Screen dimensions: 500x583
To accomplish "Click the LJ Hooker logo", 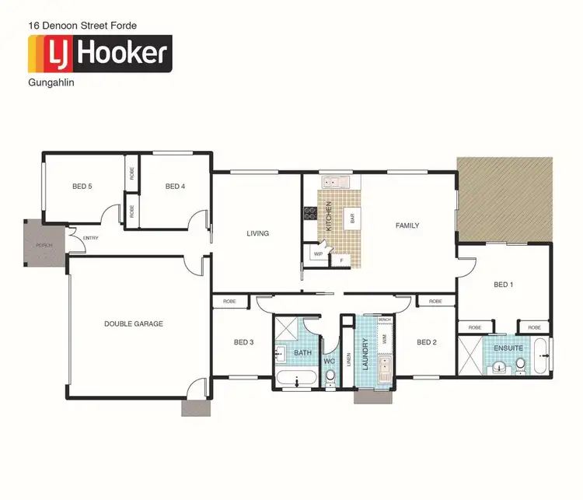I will (99, 53).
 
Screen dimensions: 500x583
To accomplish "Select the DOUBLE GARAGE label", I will (134, 323).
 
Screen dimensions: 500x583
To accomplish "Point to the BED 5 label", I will (82, 187).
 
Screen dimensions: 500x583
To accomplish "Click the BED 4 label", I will (175, 187).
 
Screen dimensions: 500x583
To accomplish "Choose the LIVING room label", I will (257, 233).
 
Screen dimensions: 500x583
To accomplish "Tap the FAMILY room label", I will (407, 226).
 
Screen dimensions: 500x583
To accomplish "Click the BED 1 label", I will (504, 285).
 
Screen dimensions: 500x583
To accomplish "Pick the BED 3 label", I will (243, 342).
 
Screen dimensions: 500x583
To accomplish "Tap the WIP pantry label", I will (318, 254).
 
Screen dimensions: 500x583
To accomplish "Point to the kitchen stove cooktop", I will (309, 211).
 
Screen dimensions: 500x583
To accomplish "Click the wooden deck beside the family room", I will (504, 198).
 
